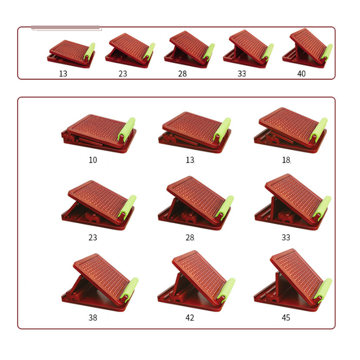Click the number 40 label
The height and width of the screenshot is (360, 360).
301,74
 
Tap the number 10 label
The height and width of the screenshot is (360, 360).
93,160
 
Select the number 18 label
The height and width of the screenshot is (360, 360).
286,160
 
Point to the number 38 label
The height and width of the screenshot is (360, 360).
93,318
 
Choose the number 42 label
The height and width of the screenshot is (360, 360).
190,318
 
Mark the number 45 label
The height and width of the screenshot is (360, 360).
286,318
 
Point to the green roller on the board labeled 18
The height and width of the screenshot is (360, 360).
319,129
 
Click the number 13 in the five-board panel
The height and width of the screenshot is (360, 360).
63,74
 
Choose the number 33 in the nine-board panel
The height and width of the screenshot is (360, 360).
286,237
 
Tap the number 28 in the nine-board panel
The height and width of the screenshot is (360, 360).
190,237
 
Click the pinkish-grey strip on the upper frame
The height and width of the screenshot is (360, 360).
66,28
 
